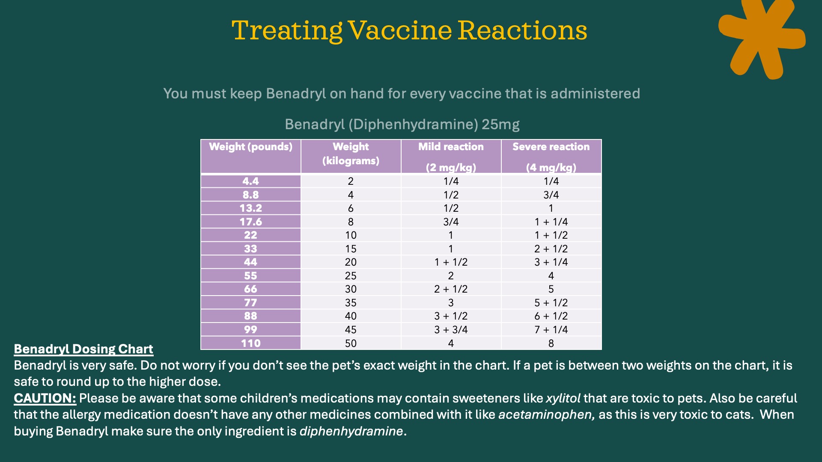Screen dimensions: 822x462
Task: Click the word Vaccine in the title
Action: (x=400, y=31)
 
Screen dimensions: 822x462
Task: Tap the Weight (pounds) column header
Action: (x=251, y=147)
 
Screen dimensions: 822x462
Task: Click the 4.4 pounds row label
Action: (x=251, y=181)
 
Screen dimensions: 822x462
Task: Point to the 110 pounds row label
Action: (x=251, y=343)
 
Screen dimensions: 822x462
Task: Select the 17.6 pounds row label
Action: (x=251, y=222)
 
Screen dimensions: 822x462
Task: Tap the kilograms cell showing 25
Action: (x=351, y=275)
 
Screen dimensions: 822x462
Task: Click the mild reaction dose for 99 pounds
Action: (x=451, y=329)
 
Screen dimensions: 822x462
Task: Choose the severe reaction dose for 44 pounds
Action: (x=551, y=262)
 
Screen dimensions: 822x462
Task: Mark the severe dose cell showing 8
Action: (x=551, y=343)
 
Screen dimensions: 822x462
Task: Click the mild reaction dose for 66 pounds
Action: (x=451, y=289)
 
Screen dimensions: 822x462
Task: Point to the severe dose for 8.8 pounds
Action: (x=551, y=195)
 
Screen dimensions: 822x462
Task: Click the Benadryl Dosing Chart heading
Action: (x=83, y=349)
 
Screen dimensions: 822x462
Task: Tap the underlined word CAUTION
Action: (x=45, y=398)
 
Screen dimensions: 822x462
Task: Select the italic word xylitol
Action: (x=563, y=398)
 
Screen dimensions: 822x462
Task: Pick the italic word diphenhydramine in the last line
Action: (x=351, y=431)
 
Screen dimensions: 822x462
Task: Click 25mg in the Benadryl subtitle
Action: (x=500, y=124)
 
